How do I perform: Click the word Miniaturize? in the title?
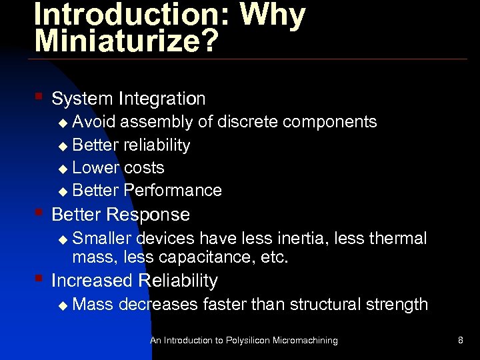[x=127, y=40]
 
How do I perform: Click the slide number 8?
[x=461, y=341]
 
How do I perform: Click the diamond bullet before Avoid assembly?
[x=63, y=123]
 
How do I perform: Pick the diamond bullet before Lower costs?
[x=63, y=169]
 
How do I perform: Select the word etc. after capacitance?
[x=274, y=257]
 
